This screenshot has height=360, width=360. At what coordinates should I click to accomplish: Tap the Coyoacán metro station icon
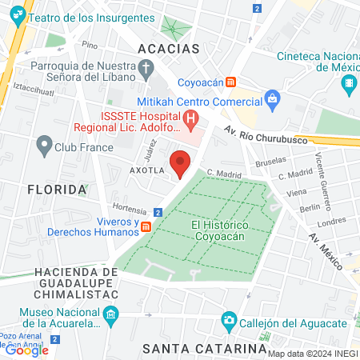230,81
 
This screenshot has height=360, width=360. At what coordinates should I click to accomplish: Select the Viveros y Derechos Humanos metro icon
146,227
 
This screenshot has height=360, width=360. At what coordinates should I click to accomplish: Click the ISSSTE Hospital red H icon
190,121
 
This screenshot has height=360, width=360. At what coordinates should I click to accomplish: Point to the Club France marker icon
43,146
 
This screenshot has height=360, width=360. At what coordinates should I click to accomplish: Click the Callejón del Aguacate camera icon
230,322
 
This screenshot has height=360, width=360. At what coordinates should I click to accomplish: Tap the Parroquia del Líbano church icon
146,72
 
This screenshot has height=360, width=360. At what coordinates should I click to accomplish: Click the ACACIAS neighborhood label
168,49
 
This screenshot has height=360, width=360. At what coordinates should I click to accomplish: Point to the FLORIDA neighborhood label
56,190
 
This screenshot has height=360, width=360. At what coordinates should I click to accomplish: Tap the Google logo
26,350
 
